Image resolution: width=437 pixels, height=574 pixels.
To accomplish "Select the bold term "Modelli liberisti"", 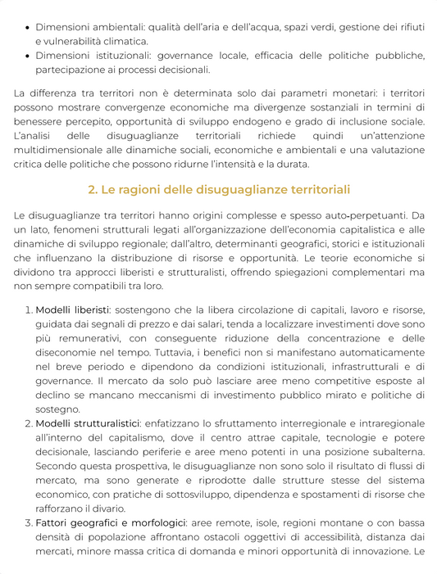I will click(x=72, y=310).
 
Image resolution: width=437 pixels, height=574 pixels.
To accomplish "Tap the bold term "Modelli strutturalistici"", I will click(x=88, y=423).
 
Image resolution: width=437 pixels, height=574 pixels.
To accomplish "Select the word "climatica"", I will click(x=125, y=40).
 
